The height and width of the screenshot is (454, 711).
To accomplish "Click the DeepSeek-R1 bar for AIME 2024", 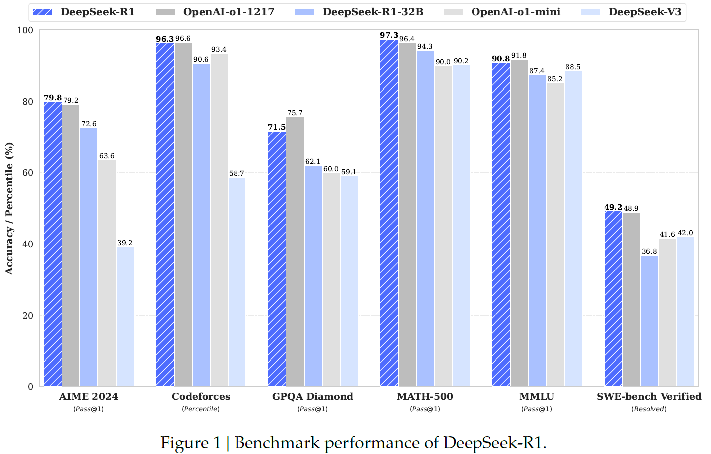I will [53, 245].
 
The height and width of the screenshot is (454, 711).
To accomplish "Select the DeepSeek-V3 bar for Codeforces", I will [237, 282].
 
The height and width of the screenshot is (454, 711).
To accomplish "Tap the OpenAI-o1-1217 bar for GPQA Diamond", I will [295, 252].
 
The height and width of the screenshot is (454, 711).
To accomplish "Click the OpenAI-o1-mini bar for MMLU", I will [555, 235].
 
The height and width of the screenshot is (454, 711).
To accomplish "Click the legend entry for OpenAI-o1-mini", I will [515, 12].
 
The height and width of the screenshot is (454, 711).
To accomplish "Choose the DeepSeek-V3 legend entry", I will [644, 12].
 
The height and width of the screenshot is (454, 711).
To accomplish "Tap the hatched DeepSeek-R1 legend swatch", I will [42, 12].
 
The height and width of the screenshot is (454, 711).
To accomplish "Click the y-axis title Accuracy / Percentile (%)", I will [9, 208].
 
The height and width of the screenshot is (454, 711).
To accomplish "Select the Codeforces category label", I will [201, 397].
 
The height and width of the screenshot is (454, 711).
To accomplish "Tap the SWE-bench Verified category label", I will [649, 397].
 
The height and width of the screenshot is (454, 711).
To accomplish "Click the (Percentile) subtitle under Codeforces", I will [201, 409].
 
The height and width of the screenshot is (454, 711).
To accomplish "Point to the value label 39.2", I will [125, 243].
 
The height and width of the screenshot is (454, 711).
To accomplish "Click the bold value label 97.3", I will [389, 35].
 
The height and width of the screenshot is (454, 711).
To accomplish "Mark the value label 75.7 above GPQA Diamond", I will [295, 113].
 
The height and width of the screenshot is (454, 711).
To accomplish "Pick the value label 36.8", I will [649, 252].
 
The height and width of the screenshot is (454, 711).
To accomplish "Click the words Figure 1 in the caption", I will [190, 443].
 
